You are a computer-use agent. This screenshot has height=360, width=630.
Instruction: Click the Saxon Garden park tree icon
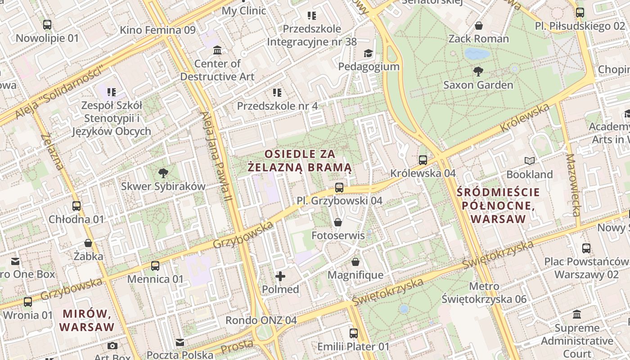tap(478, 71)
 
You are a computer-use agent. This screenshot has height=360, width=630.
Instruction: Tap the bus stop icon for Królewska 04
tap(423, 160)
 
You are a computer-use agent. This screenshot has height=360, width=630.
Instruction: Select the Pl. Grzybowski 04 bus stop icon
tap(339, 188)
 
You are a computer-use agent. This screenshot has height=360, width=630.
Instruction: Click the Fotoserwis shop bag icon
tap(337, 222)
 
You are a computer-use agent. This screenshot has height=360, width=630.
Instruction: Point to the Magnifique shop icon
tap(355, 262)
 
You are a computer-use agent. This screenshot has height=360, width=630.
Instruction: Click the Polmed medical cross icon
tap(280, 276)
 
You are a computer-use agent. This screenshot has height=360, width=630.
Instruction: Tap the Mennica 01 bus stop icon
tap(155, 266)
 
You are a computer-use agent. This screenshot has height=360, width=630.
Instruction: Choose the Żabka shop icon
tap(88, 243)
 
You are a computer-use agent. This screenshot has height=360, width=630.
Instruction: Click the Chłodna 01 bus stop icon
tap(76, 206)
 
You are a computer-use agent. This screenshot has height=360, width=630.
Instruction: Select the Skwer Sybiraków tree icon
tap(163, 173)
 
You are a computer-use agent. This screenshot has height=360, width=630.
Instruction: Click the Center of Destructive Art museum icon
tap(217, 50)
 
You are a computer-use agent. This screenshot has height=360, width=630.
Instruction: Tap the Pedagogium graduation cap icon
tap(369, 54)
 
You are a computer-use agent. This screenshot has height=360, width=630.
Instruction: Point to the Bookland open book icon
tap(530, 161)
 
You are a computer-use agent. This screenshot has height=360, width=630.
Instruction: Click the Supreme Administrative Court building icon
tap(577, 315)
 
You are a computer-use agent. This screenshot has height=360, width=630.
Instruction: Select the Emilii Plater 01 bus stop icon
tap(353, 333)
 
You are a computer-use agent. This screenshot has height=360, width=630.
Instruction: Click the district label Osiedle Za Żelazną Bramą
tap(300, 161)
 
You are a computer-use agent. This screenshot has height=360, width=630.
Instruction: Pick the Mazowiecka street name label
tap(573, 185)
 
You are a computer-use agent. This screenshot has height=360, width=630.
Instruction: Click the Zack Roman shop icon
tap(479, 26)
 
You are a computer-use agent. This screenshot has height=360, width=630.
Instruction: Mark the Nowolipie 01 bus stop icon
tap(47, 25)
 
